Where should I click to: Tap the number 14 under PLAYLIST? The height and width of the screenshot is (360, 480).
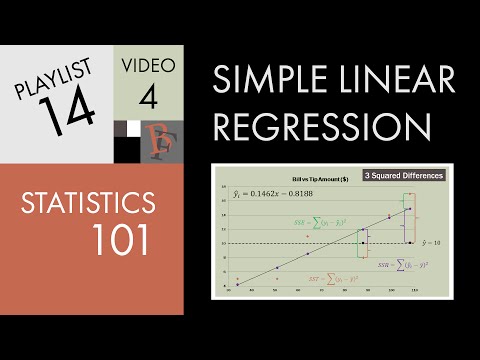70,108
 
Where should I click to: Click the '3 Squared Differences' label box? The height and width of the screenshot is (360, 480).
391,175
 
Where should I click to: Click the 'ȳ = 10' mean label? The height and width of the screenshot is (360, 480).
430,242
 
